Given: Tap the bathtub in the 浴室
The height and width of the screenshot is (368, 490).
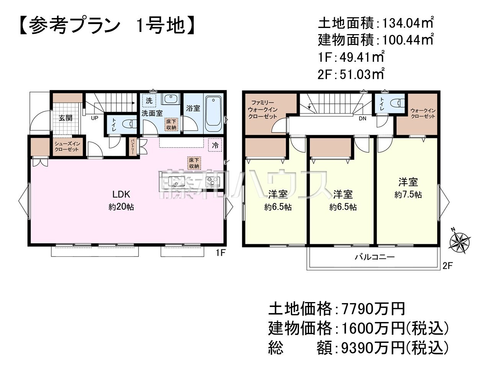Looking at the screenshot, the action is click(214, 114).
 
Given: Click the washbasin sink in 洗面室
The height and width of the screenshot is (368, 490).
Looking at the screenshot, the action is click(170, 99).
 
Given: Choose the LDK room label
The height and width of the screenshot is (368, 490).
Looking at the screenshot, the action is click(121, 194).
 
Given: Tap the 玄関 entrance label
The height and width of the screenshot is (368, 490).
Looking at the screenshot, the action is click(65, 118).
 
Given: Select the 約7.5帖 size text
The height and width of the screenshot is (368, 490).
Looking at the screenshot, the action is click(408, 195).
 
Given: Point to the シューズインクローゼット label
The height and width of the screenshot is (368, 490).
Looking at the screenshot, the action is click(67, 147).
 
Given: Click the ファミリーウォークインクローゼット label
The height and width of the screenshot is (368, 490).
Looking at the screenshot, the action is click(263, 110).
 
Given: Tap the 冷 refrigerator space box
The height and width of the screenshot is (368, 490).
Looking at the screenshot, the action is click(215, 145).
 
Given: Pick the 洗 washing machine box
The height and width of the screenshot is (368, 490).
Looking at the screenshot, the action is click(149, 101).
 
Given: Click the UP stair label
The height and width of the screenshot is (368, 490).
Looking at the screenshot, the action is click(95, 118).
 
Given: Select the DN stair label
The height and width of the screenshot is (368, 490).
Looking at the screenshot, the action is click(363, 119).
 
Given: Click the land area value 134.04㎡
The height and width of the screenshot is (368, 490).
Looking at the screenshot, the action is click(408, 23).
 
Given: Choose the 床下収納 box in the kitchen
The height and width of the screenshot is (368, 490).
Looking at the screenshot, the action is click(194, 163).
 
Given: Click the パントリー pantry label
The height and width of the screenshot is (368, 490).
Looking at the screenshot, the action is click(132, 146).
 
